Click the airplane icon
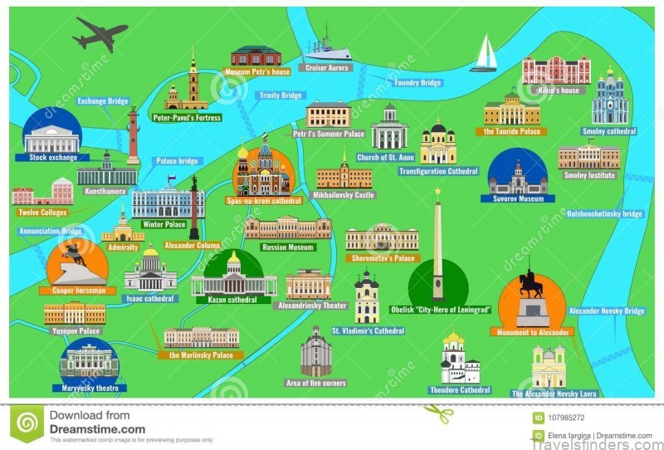[x=100, y=34]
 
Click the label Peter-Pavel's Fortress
[x=187, y=118]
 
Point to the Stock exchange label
[x=52, y=157]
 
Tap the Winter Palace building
[x=168, y=202]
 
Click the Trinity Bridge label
[x=281, y=95]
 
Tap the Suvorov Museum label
[x=517, y=199]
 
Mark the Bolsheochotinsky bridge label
[x=604, y=213]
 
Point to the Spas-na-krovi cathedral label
[x=264, y=200]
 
